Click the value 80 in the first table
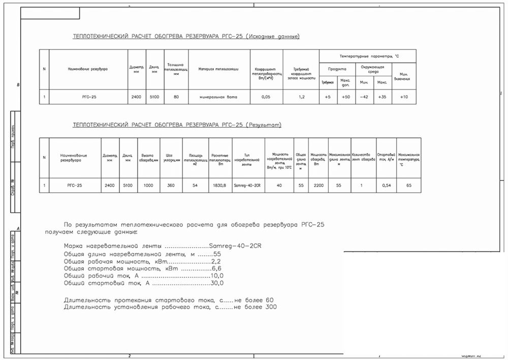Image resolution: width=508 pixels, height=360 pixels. pyautogui.click(x=176, y=97)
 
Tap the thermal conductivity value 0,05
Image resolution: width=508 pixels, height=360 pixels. pyautogui.click(x=265, y=97)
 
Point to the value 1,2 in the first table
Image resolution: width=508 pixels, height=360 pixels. pyautogui.click(x=301, y=97)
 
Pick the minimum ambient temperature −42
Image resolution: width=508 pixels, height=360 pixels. pyautogui.click(x=364, y=97)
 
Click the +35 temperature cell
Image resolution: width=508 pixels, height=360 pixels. pyautogui.click(x=383, y=97)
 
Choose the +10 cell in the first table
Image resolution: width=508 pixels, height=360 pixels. pyautogui.click(x=404, y=97)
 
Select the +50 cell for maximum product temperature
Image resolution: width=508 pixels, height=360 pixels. pyautogui.click(x=345, y=97)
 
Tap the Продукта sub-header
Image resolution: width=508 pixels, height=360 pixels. pyautogui.click(x=337, y=68)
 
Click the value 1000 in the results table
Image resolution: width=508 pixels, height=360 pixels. pyautogui.click(x=148, y=186)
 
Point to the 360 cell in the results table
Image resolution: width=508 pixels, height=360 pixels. pyautogui.click(x=170, y=186)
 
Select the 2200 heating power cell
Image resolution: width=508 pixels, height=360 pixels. pyautogui.click(x=319, y=186)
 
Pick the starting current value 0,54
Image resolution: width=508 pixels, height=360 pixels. pyautogui.click(x=386, y=186)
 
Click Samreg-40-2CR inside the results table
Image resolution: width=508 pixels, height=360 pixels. pyautogui.click(x=248, y=186)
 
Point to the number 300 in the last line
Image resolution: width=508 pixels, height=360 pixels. pyautogui.click(x=271, y=307)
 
